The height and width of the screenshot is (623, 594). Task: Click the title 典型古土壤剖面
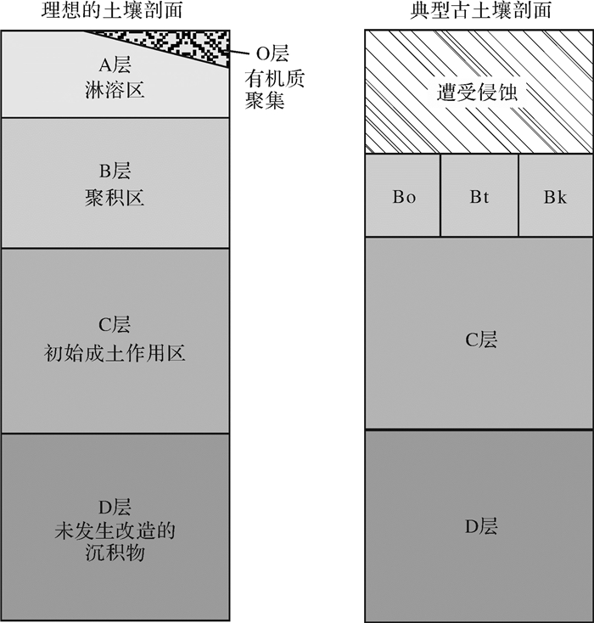[x=479, y=11]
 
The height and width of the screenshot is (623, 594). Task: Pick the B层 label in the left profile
[x=115, y=172]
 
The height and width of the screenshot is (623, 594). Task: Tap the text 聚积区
[x=115, y=199]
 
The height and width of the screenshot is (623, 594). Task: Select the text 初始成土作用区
[x=115, y=352]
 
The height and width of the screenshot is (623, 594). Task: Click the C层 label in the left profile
[x=115, y=326]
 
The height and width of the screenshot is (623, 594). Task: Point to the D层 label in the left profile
[x=115, y=508]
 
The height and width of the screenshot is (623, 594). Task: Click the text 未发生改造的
[x=115, y=532]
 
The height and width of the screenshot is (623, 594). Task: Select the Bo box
[x=403, y=197]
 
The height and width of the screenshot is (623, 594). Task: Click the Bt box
[x=479, y=197]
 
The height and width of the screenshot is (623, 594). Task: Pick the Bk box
[x=556, y=197]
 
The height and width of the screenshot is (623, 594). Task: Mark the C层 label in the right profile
[x=479, y=340]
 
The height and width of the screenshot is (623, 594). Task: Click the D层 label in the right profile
[x=479, y=527]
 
